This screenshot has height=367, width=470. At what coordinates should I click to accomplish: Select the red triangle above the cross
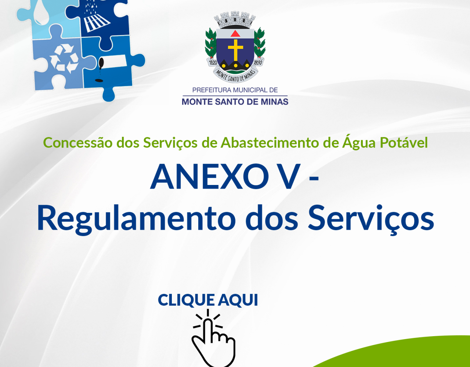[x=235, y=33]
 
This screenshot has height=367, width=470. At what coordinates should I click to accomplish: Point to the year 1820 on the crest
[x=213, y=63]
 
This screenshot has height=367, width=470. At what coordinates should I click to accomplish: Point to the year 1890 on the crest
[x=258, y=63]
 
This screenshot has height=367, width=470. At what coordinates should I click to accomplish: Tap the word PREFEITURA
[x=210, y=90]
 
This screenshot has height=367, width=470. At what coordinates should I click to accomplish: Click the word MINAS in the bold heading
[x=275, y=102]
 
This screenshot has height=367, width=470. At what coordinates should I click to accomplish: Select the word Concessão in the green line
[x=77, y=143]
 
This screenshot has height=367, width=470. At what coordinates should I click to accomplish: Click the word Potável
[x=404, y=142]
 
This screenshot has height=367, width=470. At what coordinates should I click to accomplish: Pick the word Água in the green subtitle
[x=359, y=142]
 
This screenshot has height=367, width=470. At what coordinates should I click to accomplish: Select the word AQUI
[x=238, y=300]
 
